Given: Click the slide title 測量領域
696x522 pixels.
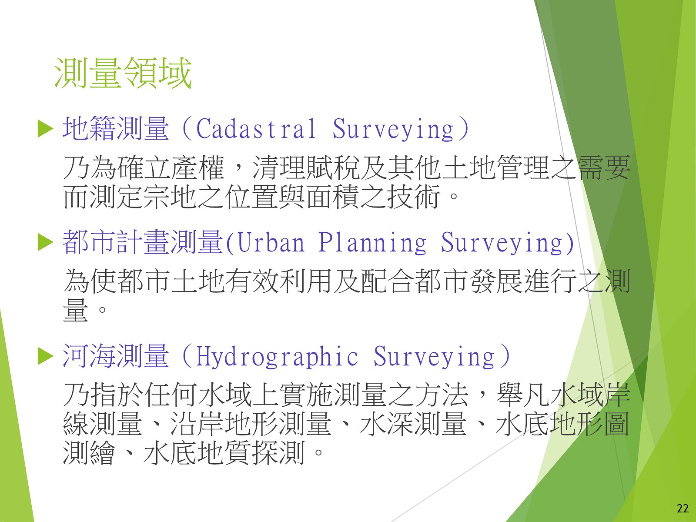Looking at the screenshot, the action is (x=123, y=73).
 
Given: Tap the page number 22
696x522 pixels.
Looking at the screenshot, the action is (x=683, y=508).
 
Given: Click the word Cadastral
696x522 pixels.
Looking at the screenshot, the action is (x=256, y=128).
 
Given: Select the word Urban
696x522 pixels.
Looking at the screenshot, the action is (x=271, y=242).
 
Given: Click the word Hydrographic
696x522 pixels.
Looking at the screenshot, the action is (x=277, y=357).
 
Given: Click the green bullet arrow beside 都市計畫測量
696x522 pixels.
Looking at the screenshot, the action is (x=45, y=242).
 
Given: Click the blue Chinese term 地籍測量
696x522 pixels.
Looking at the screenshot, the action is (x=116, y=128).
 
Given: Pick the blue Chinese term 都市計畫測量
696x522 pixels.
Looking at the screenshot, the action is (x=143, y=242).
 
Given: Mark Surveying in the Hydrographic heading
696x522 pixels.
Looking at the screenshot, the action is (x=434, y=357).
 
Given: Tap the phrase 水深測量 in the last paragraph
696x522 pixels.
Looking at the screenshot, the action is (x=413, y=425).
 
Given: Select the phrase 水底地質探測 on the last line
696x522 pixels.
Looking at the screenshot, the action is (x=224, y=452).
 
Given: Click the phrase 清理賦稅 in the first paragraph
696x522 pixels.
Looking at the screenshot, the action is (x=306, y=167).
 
